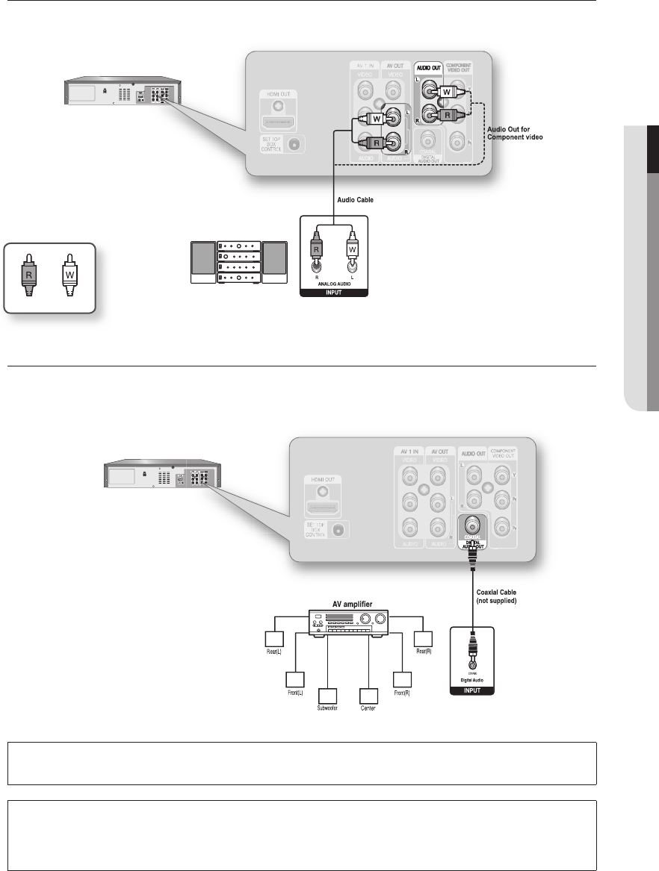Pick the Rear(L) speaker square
coord(274,640)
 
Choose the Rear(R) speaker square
coord(424,640)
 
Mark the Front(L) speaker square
coord(295,680)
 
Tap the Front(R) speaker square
coord(403,680)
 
